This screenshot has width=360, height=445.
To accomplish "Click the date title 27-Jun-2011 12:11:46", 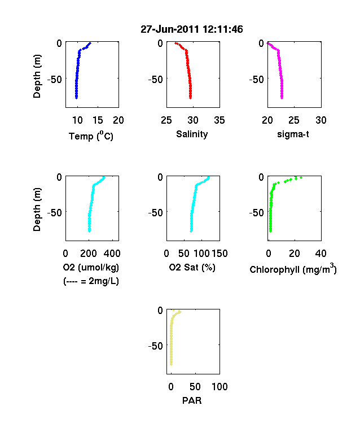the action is tap(192, 29).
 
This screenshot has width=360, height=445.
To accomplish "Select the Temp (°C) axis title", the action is tap(91, 136).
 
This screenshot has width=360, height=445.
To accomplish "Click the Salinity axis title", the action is tap(192, 134).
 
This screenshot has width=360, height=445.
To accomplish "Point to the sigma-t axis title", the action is tap(293, 134).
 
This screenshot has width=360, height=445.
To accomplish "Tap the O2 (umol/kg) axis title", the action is tap(91, 267).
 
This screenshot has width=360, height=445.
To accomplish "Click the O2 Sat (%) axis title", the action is tap(192, 267).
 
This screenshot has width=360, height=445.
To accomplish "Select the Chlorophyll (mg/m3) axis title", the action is tap(293, 269).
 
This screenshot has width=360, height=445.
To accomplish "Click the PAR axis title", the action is tap(192, 400).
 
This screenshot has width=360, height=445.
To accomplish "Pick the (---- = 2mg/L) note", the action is tap(91, 281).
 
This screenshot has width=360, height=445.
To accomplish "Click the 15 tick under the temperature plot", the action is tap(98, 120).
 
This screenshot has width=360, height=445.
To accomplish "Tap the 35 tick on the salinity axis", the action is tap(219, 120).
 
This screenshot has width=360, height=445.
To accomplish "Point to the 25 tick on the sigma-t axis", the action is tap(294, 120).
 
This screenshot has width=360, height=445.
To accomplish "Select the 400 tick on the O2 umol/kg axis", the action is tap(112, 254).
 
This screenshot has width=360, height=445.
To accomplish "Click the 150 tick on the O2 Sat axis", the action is tap(219, 254).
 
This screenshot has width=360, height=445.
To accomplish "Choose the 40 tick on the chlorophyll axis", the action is tap(321, 254).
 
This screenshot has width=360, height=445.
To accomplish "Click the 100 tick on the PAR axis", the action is tap(219, 387).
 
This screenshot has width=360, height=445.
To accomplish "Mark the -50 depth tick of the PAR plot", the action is tap(155, 346).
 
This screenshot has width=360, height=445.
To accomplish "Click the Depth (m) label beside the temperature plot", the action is tap(37, 76).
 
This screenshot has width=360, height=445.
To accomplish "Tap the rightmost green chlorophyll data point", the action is tap(301, 178).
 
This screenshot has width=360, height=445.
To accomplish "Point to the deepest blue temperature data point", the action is tap(76, 98).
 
